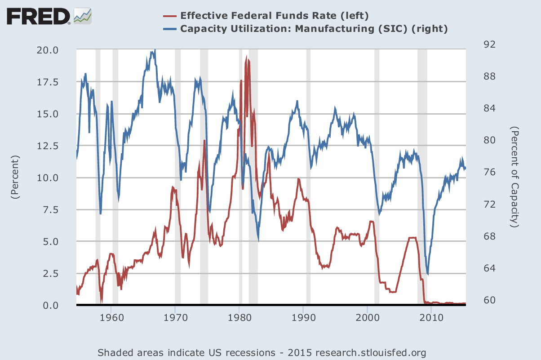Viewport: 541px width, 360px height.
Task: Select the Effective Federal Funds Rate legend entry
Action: (x=274, y=16)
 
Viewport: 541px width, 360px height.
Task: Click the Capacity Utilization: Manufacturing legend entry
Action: (x=314, y=29)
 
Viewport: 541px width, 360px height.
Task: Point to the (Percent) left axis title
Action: (x=16, y=178)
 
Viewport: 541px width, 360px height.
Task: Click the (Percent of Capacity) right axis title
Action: (x=515, y=177)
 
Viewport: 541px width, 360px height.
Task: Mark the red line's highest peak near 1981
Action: (x=247, y=57)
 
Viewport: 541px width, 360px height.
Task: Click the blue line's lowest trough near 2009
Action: (x=428, y=274)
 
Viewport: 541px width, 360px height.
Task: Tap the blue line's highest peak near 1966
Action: (x=155, y=50)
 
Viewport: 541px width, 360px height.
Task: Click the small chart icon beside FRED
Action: (x=83, y=16)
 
